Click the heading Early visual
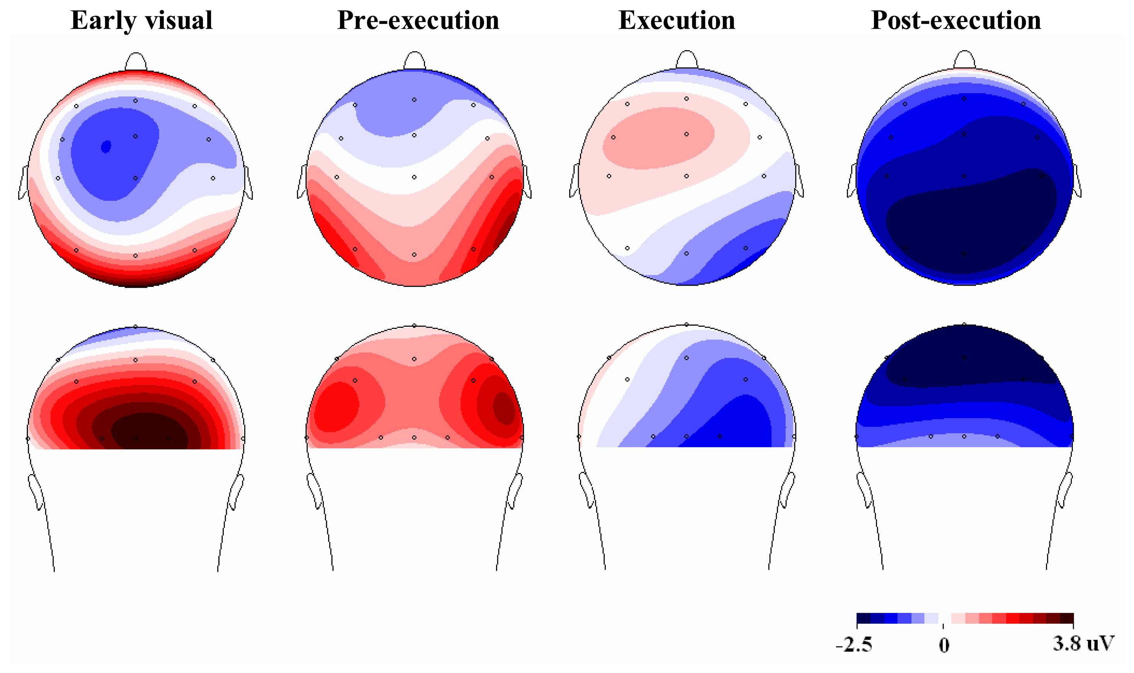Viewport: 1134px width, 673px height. [141, 20]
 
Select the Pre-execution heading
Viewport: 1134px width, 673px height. [418, 20]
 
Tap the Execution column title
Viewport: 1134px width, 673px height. [677, 20]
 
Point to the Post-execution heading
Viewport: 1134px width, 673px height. [956, 20]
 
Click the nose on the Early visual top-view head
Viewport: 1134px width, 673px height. [136, 62]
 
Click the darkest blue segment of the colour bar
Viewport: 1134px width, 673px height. [864, 619]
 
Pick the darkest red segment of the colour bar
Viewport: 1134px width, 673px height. [1067, 619]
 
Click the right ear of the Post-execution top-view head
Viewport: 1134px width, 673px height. [1077, 181]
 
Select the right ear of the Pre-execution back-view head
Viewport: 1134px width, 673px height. [515, 492]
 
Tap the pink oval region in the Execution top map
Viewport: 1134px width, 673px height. [658, 138]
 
